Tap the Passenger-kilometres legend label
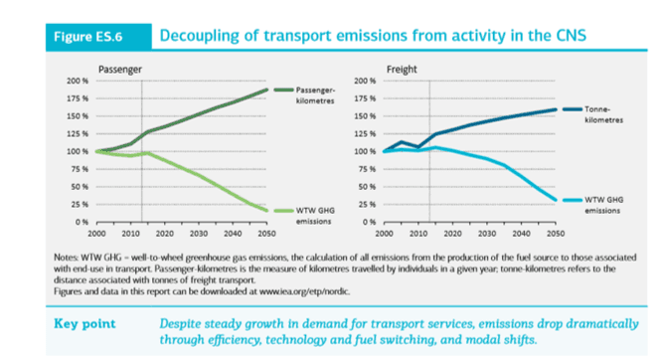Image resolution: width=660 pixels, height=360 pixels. (x=315, y=94)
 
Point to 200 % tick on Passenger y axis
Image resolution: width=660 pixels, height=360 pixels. (x=78, y=81)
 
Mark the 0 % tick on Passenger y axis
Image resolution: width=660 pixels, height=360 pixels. (x=83, y=222)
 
